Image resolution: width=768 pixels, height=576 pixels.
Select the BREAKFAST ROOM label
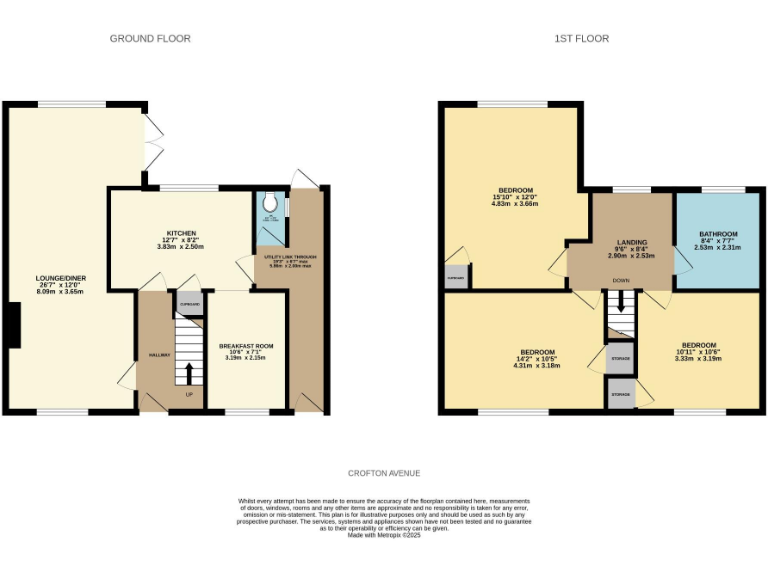pos(245,346)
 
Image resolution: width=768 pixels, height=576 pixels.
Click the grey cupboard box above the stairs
pos(189,303)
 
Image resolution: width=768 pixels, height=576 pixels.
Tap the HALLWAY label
pos(160,355)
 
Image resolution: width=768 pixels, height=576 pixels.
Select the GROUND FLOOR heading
pos(150,39)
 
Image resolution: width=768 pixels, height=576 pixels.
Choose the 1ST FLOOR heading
pos(581,39)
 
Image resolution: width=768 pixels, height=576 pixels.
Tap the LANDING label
pos(631,242)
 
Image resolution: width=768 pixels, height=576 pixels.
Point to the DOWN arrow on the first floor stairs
pos(619,304)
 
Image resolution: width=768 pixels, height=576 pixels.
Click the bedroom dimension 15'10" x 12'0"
pos(516,197)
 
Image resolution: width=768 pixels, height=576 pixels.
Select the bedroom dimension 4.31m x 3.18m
pos(537,366)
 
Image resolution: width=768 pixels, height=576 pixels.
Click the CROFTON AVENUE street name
pos(384,473)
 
